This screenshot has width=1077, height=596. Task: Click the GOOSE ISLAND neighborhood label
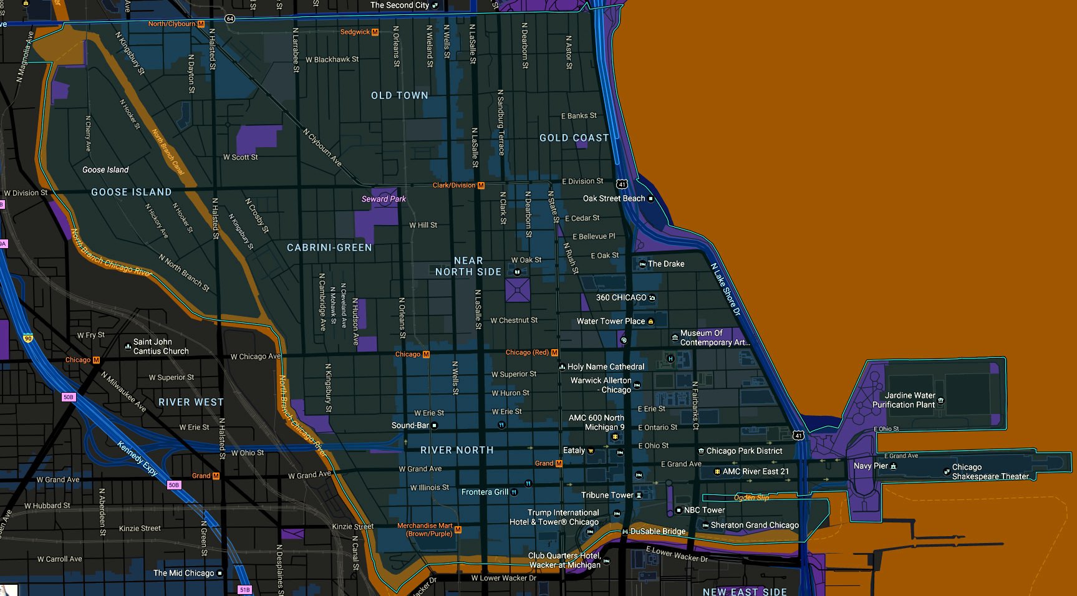131,192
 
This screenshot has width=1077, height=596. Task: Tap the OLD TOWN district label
400,95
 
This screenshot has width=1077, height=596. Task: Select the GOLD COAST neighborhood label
574,138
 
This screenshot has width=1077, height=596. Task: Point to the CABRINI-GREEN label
329,248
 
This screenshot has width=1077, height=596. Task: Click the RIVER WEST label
191,402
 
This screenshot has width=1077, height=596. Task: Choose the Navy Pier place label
871,466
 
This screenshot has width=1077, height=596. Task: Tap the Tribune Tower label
607,495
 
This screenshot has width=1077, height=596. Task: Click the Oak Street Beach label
614,198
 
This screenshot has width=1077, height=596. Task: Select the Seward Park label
384,199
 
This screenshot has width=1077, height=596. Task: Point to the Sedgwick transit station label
355,32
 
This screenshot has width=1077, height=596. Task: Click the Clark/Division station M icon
481,185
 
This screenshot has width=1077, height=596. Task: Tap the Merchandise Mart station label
425,529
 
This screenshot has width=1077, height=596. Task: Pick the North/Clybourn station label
172,24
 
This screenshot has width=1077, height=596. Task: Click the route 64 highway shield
230,19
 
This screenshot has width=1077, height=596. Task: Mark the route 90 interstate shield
28,339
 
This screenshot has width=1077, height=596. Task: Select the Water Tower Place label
611,321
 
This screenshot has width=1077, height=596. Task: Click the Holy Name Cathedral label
606,367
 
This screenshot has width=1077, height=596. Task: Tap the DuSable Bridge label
658,531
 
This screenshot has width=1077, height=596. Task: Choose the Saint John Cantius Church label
160,346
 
